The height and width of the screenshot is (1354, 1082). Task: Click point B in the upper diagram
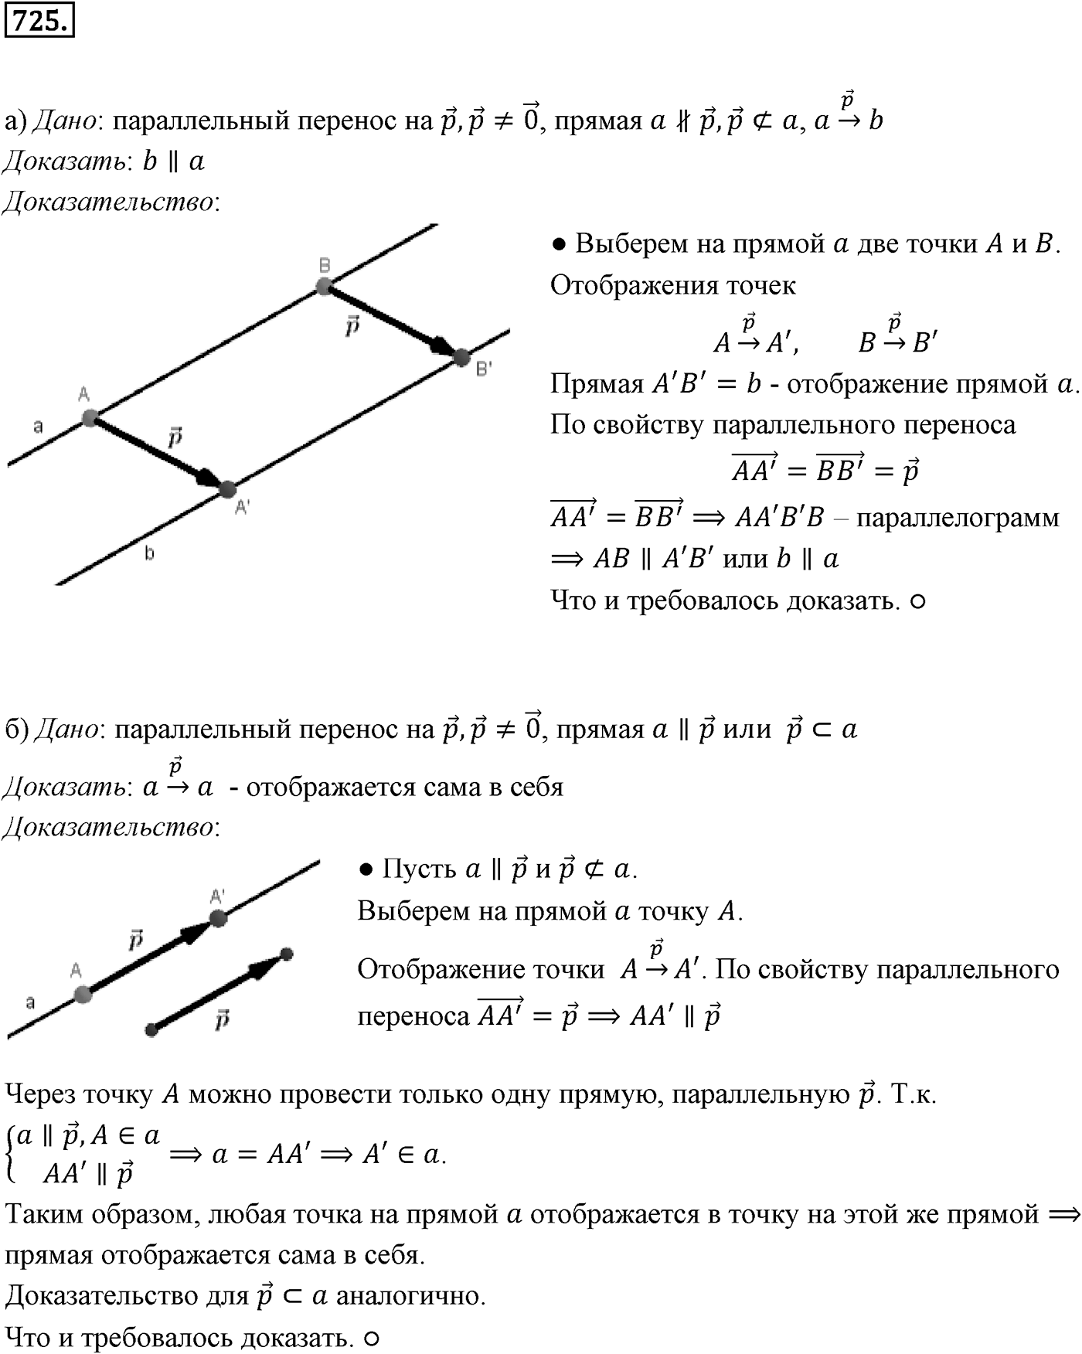click(325, 287)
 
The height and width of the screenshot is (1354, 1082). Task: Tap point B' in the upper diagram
click(461, 357)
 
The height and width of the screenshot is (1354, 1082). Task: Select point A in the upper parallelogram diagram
click(90, 419)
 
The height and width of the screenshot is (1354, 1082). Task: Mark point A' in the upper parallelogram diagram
click(226, 489)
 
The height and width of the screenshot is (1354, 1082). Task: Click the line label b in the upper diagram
click(149, 553)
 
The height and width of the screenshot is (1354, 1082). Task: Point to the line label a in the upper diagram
click(38, 426)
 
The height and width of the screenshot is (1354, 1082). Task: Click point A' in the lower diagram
click(218, 918)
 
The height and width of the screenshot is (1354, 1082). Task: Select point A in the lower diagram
click(83, 994)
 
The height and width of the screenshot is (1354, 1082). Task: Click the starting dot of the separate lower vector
click(151, 1029)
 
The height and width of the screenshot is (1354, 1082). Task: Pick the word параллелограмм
click(958, 518)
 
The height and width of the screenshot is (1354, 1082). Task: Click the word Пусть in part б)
click(420, 869)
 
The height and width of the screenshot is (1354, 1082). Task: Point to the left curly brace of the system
click(9, 1155)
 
